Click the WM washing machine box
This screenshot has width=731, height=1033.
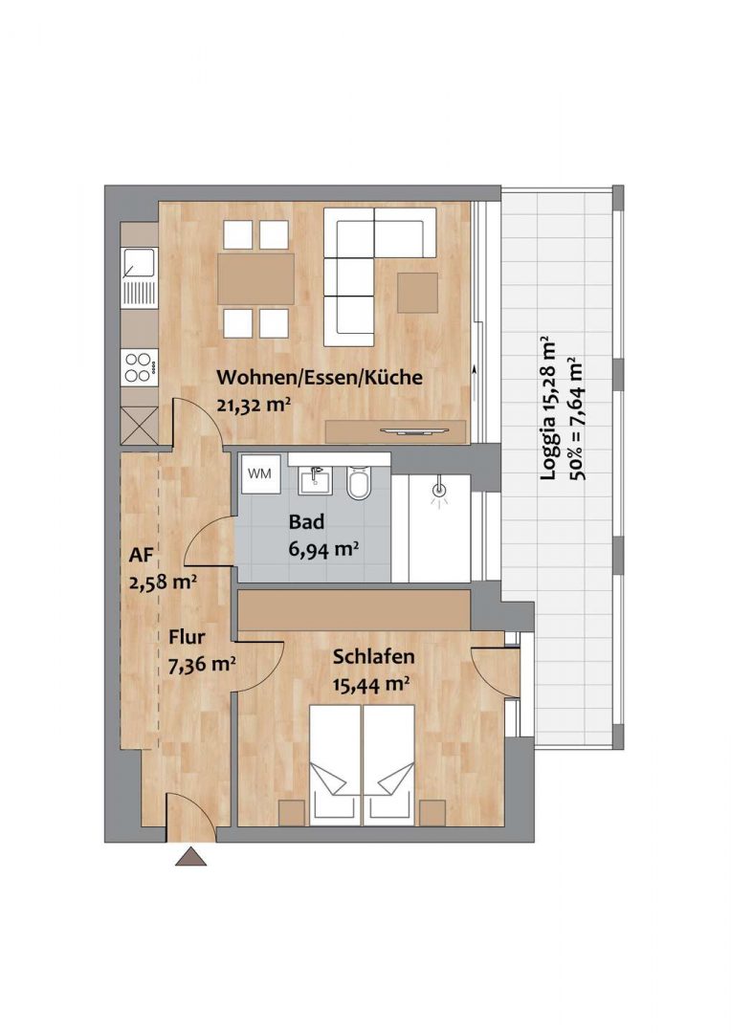point(259,473)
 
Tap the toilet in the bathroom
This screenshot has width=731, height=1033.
point(359,483)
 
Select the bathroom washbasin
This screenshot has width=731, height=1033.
point(314,479)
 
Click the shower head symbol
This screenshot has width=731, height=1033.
point(439,492)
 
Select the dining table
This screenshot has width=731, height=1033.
point(255,278)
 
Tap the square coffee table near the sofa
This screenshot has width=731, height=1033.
point(417,293)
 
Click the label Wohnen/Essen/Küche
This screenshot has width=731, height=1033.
point(319,378)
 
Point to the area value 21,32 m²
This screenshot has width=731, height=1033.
point(254,405)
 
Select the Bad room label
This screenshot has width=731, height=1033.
point(307,522)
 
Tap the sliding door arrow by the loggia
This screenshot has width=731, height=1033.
point(476,373)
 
